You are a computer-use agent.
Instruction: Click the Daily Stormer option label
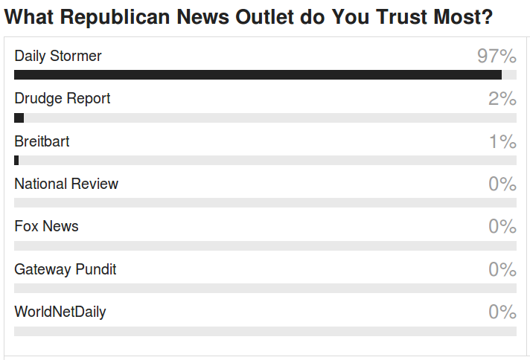(58, 56)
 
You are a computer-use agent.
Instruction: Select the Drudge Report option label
(63, 98)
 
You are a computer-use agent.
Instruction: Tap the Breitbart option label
(42, 141)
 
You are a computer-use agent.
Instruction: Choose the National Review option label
(66, 184)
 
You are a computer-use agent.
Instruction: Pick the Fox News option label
(46, 226)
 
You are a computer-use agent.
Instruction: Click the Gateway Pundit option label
(66, 269)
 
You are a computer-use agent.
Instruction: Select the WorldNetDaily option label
(60, 312)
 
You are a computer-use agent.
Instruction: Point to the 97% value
(497, 56)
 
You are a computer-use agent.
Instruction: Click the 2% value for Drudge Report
(502, 98)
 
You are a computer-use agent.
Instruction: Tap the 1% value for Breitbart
(502, 141)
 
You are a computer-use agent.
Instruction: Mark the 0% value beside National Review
(502, 184)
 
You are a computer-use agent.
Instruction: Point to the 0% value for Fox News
(502, 226)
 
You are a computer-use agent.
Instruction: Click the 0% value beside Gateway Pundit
(502, 269)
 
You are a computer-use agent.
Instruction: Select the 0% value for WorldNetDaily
(502, 312)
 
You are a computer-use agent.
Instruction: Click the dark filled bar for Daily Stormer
(258, 74)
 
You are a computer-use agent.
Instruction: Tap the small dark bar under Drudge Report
(19, 118)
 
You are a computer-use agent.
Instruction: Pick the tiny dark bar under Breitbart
(16, 160)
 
